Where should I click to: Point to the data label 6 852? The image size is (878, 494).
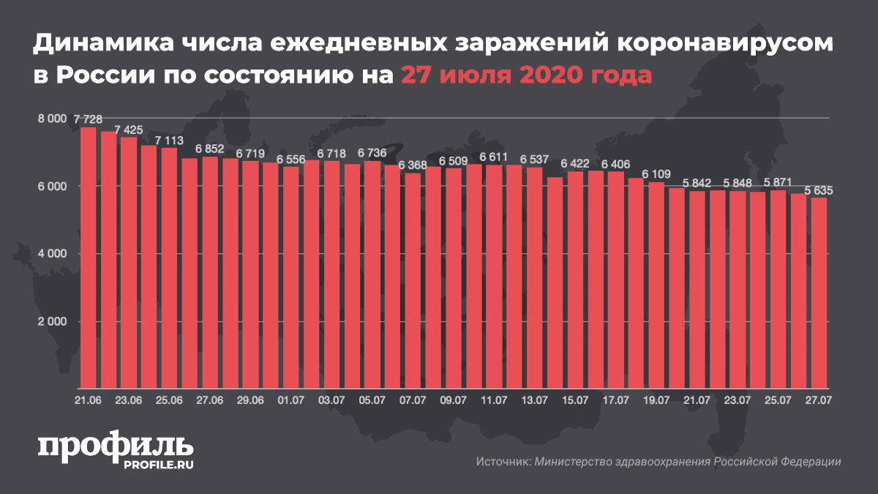[x=210, y=149]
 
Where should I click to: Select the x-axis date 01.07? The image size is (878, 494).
[x=291, y=400]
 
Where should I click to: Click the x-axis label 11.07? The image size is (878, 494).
[x=494, y=400]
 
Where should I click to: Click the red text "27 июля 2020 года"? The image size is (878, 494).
[x=525, y=75]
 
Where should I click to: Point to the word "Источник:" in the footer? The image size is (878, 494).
[x=503, y=462]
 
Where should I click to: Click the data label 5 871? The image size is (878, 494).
[x=778, y=182]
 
